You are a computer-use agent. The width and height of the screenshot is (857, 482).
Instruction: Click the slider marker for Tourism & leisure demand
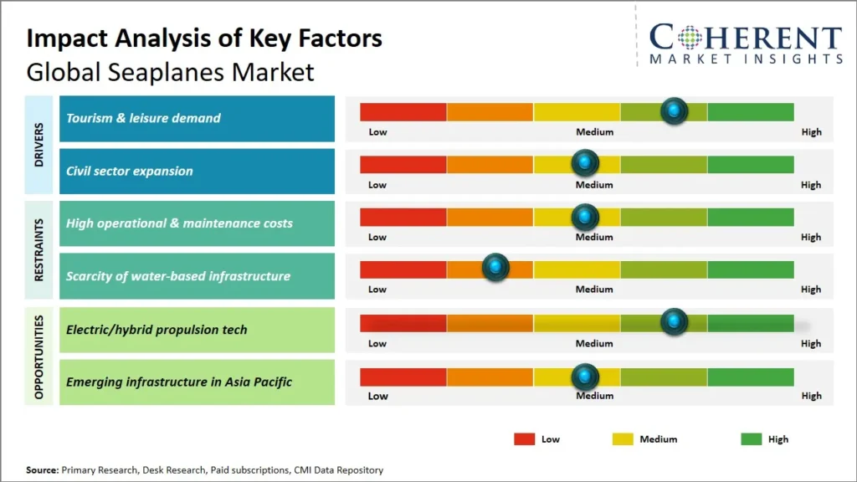click(674, 110)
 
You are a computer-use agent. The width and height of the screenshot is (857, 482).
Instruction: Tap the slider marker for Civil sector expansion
click(585, 163)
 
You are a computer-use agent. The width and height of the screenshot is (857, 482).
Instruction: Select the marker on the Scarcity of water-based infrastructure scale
click(496, 268)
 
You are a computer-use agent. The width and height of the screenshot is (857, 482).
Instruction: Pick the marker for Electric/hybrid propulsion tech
click(674, 321)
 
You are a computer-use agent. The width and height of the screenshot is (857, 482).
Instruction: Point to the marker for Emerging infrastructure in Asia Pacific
click(585, 376)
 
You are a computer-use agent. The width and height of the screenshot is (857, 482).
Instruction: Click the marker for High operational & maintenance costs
click(585, 217)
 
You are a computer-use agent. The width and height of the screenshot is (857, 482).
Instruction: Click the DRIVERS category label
click(39, 146)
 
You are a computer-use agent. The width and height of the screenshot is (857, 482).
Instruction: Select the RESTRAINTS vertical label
click(39, 250)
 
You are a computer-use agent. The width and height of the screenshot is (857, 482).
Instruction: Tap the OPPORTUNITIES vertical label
click(39, 356)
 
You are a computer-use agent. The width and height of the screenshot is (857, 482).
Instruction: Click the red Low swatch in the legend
click(524, 438)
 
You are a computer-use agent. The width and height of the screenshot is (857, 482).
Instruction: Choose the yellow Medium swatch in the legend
click(623, 438)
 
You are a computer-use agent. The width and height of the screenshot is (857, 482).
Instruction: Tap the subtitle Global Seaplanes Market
click(170, 72)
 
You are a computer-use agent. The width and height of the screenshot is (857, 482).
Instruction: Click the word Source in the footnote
click(42, 470)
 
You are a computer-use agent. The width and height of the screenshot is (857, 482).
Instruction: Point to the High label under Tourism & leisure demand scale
click(810, 132)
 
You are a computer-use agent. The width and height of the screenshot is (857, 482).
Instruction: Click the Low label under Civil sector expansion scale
click(377, 185)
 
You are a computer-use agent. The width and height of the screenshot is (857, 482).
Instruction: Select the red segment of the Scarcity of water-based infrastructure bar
click(403, 269)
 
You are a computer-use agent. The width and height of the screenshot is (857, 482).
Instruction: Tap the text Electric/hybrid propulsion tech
click(157, 330)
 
